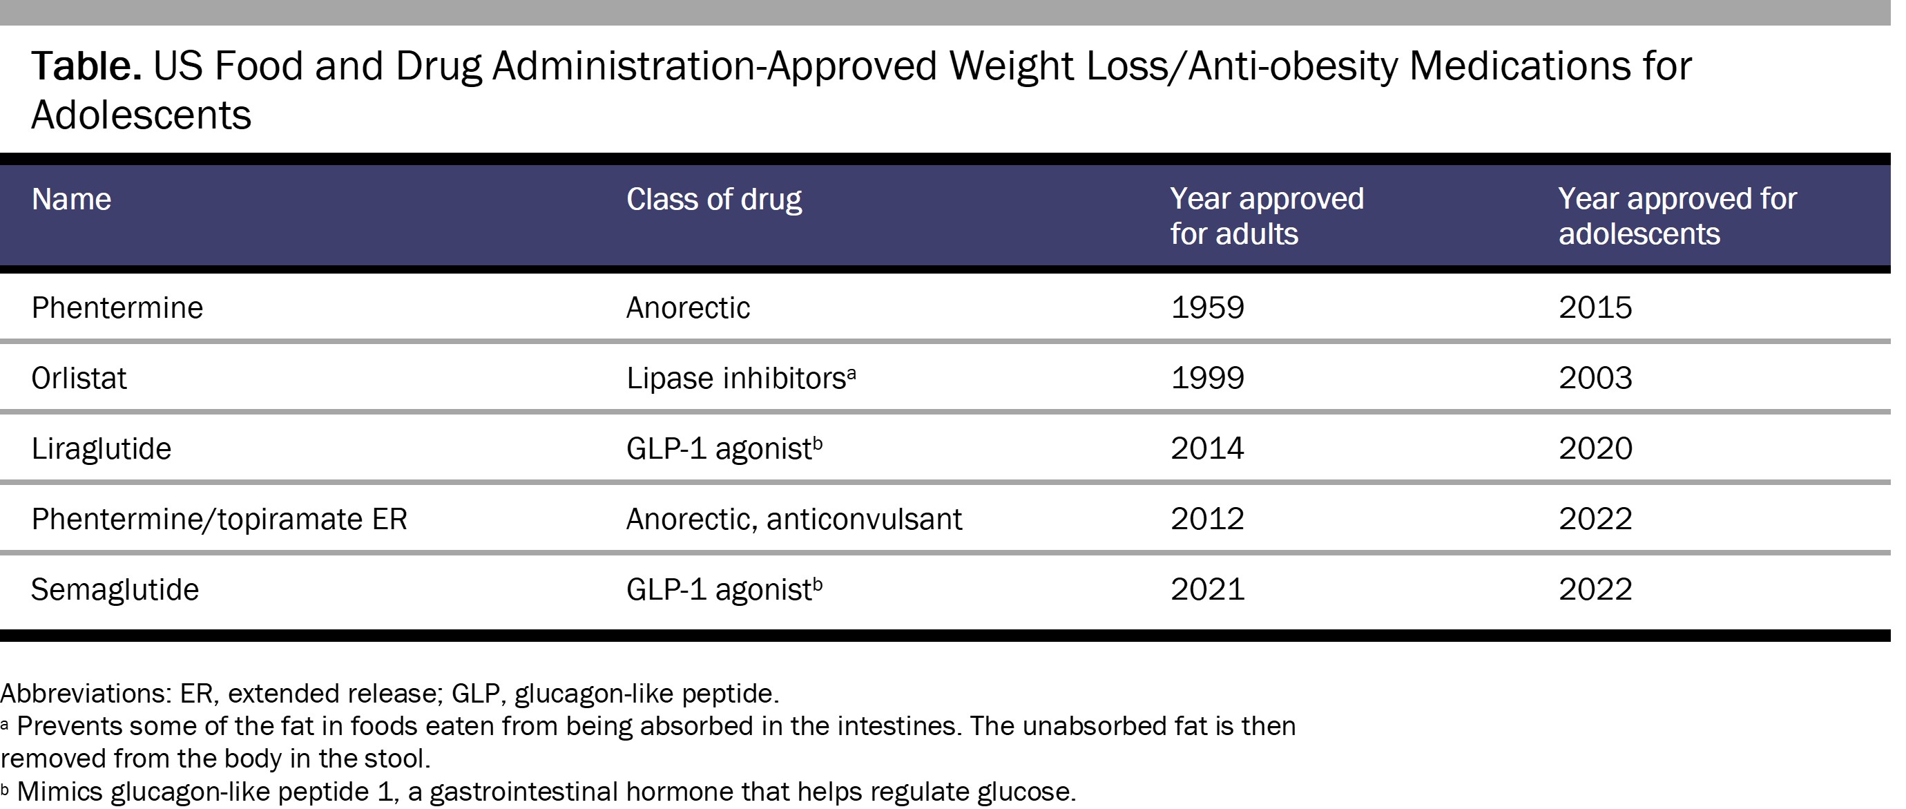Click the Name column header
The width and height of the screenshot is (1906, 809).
click(71, 199)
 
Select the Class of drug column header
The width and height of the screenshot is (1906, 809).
click(713, 199)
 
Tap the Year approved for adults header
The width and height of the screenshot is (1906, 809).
click(1266, 216)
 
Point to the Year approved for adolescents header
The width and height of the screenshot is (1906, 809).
click(1677, 216)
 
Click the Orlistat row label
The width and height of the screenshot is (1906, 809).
click(79, 378)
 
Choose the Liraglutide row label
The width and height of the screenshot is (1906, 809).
click(101, 448)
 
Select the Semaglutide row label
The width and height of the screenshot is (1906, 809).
click(115, 590)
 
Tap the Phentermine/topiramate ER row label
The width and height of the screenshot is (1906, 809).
click(219, 519)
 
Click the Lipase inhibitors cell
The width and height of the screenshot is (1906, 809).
click(735, 378)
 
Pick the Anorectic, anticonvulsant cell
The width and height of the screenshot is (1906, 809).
click(793, 519)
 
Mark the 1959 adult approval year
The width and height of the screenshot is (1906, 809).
click(1207, 307)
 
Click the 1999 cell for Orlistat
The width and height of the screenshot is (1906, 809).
click(1207, 378)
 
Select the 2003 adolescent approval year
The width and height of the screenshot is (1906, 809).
click(1595, 378)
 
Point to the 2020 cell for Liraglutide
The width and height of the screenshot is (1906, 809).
click(1595, 448)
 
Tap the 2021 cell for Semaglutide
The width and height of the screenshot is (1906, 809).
click(1207, 590)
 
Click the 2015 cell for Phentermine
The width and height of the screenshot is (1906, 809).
click(1595, 307)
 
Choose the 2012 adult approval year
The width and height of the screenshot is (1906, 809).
click(1207, 519)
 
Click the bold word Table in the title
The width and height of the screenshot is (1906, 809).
click(86, 66)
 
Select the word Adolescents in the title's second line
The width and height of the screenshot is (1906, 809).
click(141, 115)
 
